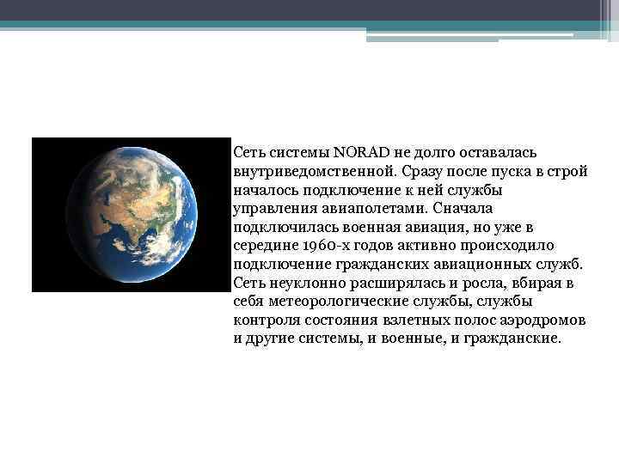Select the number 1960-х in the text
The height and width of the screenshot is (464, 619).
[324, 245]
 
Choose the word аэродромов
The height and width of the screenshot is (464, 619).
[545, 320]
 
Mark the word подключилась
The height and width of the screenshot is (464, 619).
[285, 227]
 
